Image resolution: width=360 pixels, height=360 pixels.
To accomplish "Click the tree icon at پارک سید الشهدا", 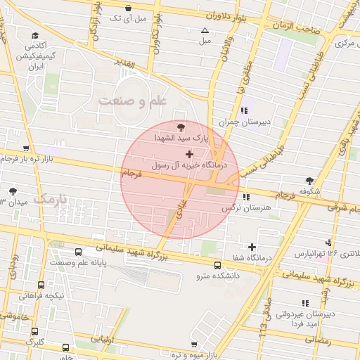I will pyautogui.click(x=182, y=127).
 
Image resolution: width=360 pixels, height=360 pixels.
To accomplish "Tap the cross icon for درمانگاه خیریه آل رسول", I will pyautogui.click(x=189, y=153).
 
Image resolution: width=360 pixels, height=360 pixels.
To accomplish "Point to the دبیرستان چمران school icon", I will pyautogui.click(x=244, y=110).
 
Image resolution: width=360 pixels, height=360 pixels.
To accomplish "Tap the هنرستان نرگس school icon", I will pyautogui.click(x=245, y=198).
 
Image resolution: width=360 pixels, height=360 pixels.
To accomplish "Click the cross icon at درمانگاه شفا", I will pyautogui.click(x=252, y=246).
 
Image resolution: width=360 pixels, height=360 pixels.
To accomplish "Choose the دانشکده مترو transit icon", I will pyautogui.click(x=218, y=265).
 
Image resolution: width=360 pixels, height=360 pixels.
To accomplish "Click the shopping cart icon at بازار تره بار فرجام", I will pyautogui.click(x=26, y=148).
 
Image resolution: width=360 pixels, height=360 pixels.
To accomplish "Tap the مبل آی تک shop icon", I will pyautogui.click(x=127, y=8).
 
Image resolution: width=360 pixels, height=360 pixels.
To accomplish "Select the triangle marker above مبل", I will pyautogui.click(x=205, y=30).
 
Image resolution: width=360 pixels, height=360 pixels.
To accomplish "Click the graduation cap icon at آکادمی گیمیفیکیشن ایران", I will pyautogui.click(x=34, y=34).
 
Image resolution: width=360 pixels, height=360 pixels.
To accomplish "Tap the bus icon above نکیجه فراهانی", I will pyautogui.click(x=41, y=285).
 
